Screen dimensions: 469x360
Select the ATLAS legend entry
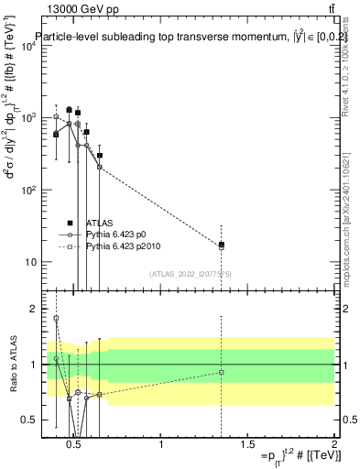[100, 223]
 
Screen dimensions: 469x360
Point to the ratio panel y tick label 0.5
[28, 420]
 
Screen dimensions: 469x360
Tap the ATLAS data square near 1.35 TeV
[221, 245]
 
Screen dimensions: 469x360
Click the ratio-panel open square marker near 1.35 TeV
[221, 372]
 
